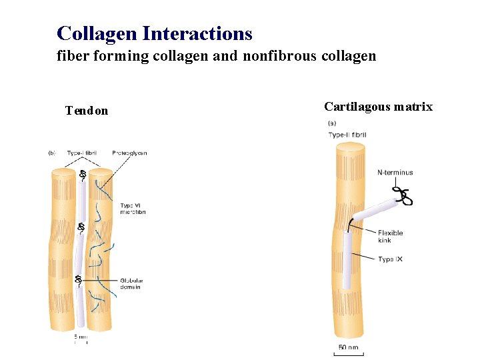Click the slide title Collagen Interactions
155,33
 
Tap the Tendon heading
87,111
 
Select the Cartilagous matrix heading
378,107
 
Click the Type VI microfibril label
133,208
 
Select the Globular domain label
132,283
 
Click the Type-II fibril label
347,135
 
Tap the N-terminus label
395,173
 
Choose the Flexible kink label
391,237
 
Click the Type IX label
390,259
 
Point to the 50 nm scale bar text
348,347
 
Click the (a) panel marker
333,123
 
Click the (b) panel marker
52,153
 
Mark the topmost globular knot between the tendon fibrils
83,175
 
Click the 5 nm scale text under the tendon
80,337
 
